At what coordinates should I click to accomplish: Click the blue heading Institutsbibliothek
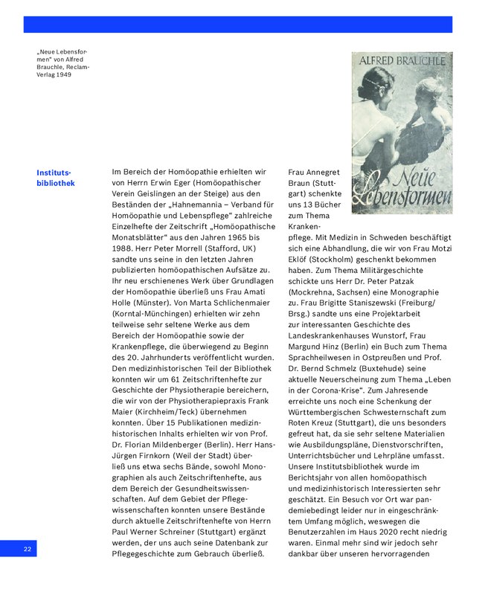pyautogui.click(x=55, y=178)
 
